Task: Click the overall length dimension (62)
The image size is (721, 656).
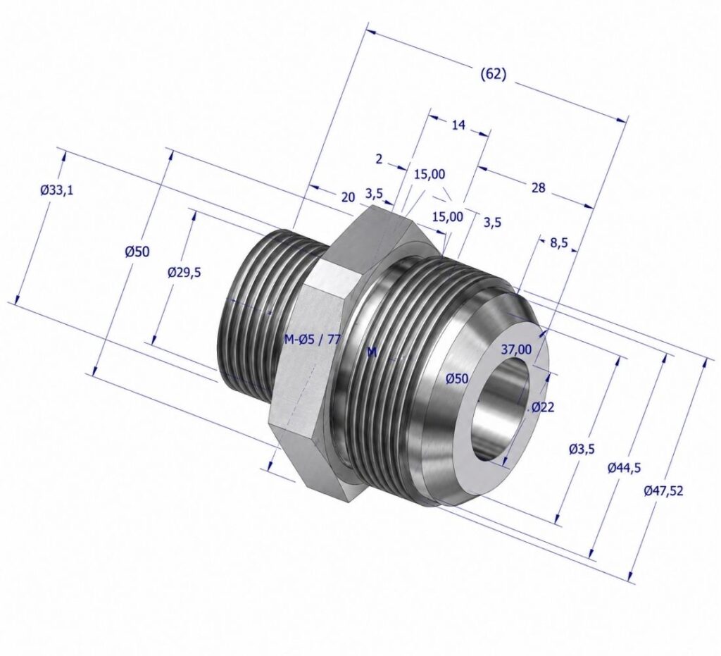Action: [x=493, y=75]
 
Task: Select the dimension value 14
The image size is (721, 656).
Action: [x=459, y=125]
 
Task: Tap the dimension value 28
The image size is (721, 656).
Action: [x=538, y=187]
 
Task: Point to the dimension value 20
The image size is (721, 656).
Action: [x=348, y=197]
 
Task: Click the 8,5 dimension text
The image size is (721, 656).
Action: [x=558, y=243]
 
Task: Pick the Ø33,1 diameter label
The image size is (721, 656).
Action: [x=56, y=190]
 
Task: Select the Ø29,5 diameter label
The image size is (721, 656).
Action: [x=184, y=273]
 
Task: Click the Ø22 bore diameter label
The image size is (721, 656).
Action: [x=543, y=407]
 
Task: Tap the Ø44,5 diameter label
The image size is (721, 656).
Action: [x=624, y=469]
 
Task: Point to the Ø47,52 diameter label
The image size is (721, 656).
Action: [x=663, y=491]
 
